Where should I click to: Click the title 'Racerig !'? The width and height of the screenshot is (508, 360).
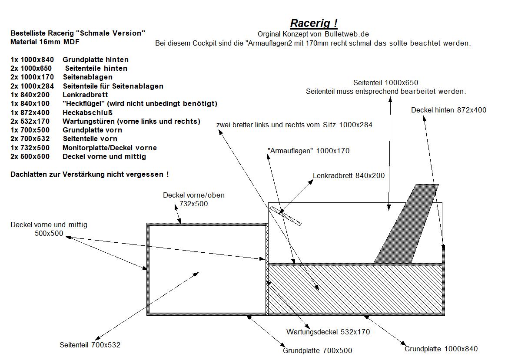[314, 23]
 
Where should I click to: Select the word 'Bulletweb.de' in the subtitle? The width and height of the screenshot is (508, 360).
[347, 34]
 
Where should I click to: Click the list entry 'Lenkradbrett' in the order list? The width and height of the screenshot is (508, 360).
[85, 95]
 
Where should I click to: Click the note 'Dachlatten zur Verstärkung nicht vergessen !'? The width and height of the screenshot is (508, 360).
[90, 174]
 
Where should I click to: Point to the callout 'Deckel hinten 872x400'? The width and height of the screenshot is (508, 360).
[448, 110]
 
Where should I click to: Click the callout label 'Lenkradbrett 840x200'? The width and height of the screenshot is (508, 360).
[349, 176]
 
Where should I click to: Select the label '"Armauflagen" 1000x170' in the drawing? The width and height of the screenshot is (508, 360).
[308, 151]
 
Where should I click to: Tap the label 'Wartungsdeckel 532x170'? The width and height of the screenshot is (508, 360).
[328, 332]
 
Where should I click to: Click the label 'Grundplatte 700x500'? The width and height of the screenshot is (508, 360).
[318, 350]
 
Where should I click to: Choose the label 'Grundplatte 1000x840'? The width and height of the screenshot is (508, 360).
[441, 349]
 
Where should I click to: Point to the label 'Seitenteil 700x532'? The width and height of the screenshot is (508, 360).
[90, 345]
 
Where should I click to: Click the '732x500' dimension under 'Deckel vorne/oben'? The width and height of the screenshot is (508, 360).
[194, 204]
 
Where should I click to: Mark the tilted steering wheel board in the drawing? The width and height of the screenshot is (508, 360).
[286, 215]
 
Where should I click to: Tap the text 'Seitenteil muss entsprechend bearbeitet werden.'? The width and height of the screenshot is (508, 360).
[385, 92]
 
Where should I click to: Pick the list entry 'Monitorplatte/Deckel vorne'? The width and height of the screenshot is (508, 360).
[110, 148]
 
